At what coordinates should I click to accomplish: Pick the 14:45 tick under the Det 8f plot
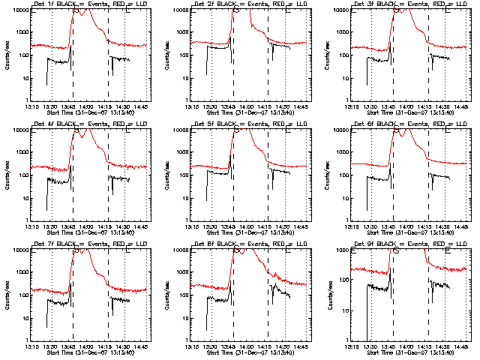[301, 346]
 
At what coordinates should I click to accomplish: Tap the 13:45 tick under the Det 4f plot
[69, 226]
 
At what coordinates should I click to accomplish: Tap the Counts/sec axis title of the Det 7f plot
[7, 295]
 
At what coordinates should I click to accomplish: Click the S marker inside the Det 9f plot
[395, 250]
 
